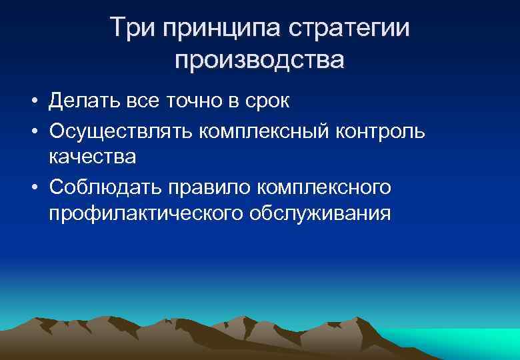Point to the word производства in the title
pos(260,60)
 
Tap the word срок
pos(265,102)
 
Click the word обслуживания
pos(319,215)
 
